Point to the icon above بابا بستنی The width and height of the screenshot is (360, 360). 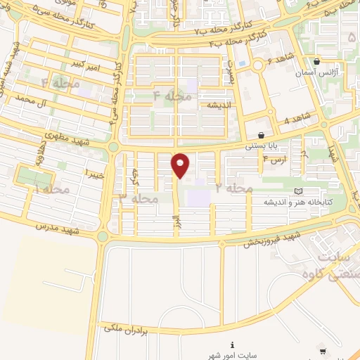point(261,135)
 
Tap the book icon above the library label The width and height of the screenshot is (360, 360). point(298,191)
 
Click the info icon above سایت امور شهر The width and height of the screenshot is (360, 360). point(233,345)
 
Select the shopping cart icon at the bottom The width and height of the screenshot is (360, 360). point(322,350)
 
